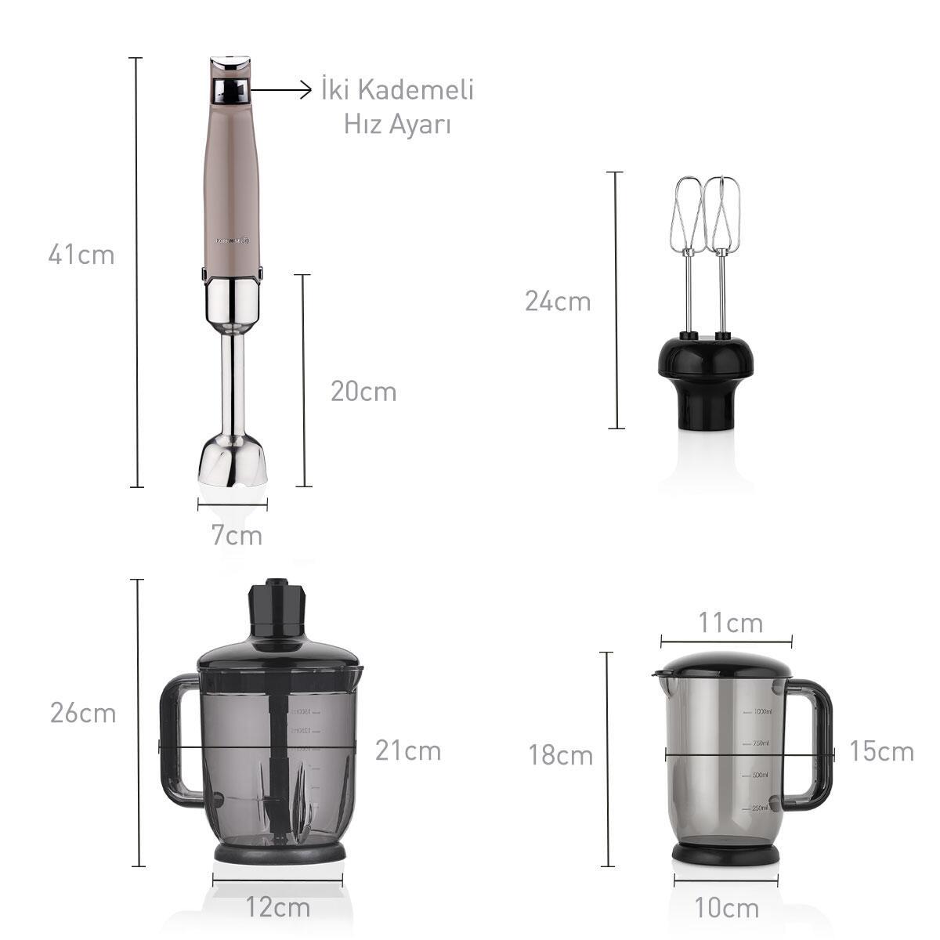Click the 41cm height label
point(81,255)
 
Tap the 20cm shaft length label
point(363,392)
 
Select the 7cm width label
point(237,537)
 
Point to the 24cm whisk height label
point(558,302)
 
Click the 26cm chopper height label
point(83,714)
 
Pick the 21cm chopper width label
point(407,750)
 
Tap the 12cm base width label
point(277,909)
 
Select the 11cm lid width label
point(730,624)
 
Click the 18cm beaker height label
point(560,756)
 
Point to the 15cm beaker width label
point(881,752)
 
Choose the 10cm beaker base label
point(726,909)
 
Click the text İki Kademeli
point(398,90)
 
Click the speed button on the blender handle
point(231,92)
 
